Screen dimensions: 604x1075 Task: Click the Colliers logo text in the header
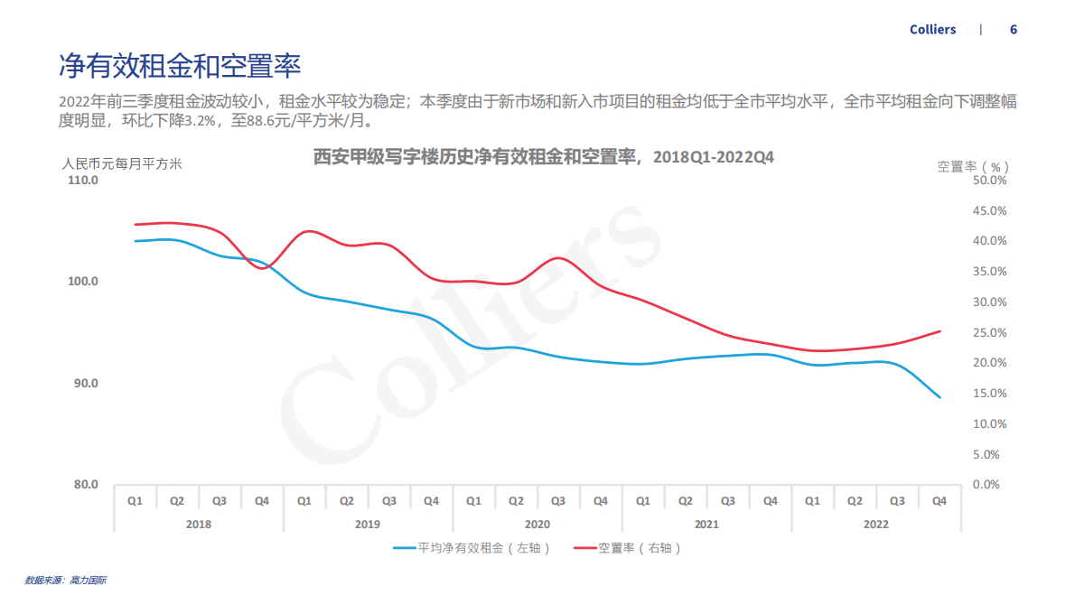tap(932, 30)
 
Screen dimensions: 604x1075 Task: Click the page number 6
tap(1014, 30)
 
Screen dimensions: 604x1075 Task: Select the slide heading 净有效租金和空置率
tap(180, 66)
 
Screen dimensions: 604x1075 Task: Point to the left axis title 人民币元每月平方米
tap(122, 164)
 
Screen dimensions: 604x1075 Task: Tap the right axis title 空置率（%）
tap(972, 166)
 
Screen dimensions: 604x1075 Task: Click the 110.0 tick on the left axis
tap(83, 180)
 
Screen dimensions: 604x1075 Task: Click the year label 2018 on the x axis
tap(198, 524)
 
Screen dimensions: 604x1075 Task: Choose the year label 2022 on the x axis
tap(875, 524)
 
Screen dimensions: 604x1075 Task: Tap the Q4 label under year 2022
tap(939, 500)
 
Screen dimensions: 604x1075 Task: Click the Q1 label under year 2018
tap(135, 500)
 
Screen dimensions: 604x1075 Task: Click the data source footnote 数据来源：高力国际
tap(65, 580)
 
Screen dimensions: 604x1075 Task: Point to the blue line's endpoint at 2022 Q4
tap(939, 397)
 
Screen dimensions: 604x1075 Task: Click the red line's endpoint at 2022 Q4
tap(939, 331)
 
